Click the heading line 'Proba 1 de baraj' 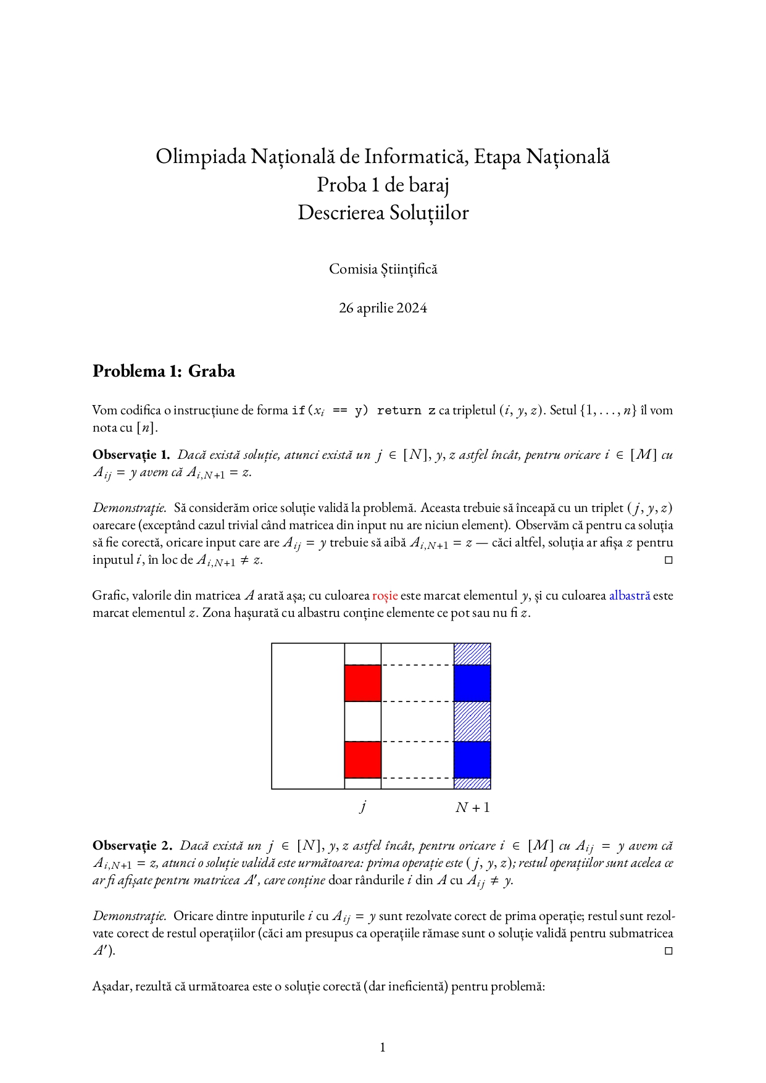[383, 185]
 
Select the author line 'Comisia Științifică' [383, 269]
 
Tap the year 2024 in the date [412, 308]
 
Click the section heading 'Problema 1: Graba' [164, 371]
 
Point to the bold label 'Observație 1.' [131, 455]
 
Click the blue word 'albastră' [629, 596]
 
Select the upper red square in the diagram [363, 683]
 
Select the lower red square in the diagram [363, 759]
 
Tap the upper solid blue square [472, 683]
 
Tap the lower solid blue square [472, 759]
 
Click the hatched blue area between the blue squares [472, 721]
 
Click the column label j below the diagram [363, 806]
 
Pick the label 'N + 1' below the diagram [472, 808]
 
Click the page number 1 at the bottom [383, 1047]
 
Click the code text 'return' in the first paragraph [399, 411]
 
